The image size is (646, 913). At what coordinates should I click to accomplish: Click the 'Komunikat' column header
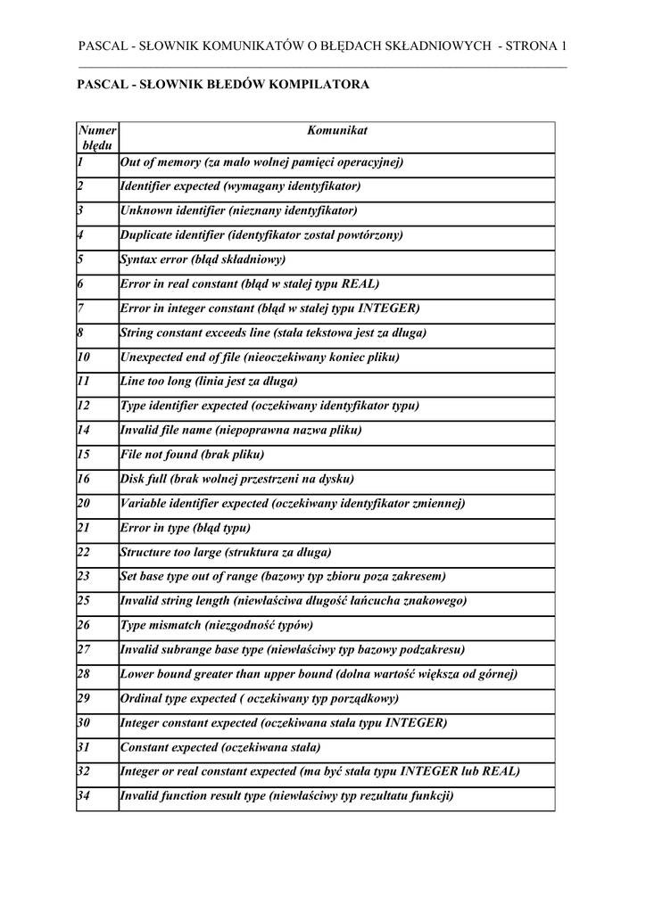[x=336, y=131]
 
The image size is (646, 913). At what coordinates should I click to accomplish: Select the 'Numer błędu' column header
[x=96, y=137]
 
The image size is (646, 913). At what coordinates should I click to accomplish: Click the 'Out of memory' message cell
[x=261, y=162]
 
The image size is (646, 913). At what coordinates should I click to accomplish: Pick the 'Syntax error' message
[x=203, y=259]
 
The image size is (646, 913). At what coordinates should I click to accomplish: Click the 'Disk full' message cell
[x=236, y=479]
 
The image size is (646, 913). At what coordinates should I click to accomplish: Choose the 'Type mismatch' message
[x=217, y=624]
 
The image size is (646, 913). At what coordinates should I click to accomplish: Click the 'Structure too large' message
[x=226, y=552]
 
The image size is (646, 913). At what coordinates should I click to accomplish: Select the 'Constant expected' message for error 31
[x=220, y=746]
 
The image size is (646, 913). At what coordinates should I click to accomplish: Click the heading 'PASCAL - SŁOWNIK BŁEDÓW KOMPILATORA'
[x=224, y=85]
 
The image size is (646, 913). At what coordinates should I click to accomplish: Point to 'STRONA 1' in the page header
[x=535, y=46]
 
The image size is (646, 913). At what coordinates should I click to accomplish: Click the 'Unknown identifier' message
[x=238, y=211]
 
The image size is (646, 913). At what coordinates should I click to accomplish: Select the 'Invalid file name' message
[x=241, y=430]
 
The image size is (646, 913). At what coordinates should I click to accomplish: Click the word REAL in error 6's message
[x=361, y=284]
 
